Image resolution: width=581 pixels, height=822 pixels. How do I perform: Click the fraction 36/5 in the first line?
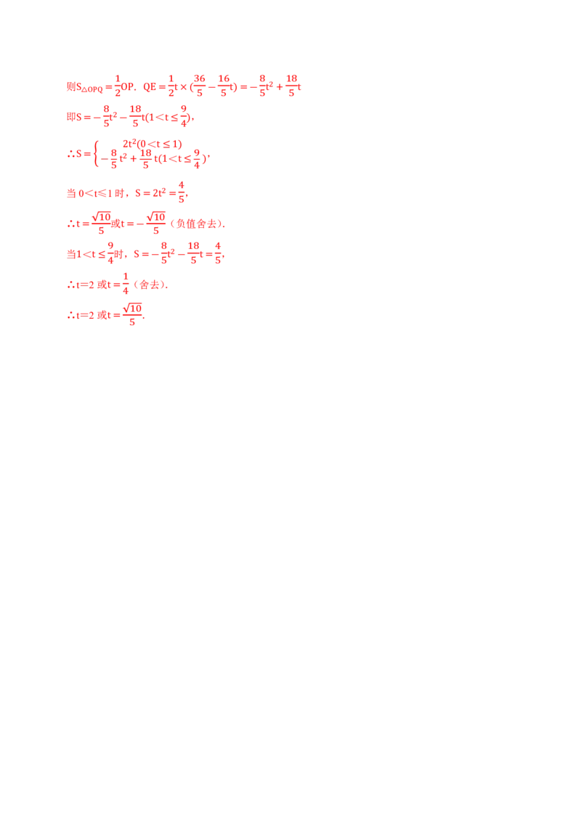199,86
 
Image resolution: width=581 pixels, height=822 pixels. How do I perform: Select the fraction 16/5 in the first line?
224,86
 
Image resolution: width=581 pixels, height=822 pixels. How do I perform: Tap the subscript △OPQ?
92,89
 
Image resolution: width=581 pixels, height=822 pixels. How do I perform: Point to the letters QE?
150,87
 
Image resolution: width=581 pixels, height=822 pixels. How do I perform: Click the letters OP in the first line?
127,86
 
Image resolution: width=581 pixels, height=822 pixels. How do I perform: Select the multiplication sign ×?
184,87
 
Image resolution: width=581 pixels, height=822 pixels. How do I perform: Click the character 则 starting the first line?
71,86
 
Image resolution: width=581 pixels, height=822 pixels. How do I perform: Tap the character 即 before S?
71,117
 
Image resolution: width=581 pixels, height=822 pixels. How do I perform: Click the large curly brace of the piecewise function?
96,154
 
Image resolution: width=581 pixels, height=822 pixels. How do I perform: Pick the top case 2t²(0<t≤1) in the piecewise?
152,144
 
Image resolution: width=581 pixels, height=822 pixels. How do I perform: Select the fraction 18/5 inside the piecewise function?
146,158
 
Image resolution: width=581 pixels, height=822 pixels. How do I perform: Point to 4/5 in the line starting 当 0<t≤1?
182,192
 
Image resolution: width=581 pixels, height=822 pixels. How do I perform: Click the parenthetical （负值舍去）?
197,224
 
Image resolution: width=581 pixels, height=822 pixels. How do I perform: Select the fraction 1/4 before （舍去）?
126,284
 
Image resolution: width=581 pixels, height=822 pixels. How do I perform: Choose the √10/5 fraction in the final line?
132,314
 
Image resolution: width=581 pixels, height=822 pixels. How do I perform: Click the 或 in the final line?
102,315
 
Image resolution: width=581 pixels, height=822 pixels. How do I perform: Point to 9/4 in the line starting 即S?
184,116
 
